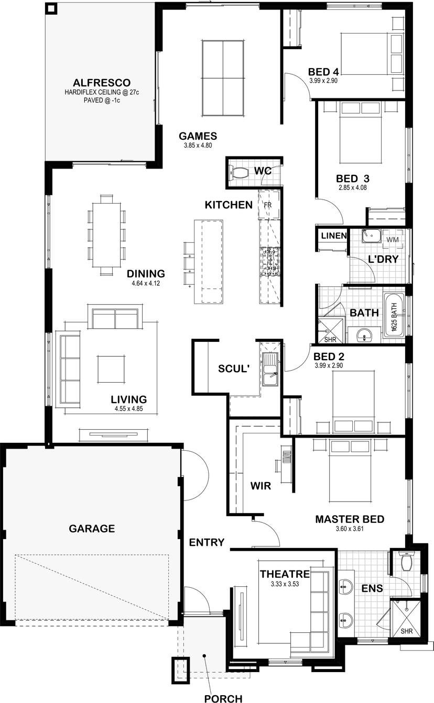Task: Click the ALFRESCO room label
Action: click(x=102, y=83)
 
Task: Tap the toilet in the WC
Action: click(x=238, y=172)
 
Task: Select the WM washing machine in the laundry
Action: click(x=393, y=240)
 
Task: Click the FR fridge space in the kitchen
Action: click(x=268, y=205)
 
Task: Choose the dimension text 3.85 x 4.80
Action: click(x=198, y=146)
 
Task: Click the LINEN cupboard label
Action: click(x=334, y=236)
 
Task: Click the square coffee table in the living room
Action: click(x=111, y=369)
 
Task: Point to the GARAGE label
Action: click(x=92, y=529)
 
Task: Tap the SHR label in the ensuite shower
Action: click(x=406, y=631)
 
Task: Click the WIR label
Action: click(x=261, y=486)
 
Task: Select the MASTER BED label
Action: click(x=350, y=519)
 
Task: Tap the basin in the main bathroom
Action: click(x=364, y=336)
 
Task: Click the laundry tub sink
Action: click(x=371, y=236)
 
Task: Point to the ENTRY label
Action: click(x=207, y=542)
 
